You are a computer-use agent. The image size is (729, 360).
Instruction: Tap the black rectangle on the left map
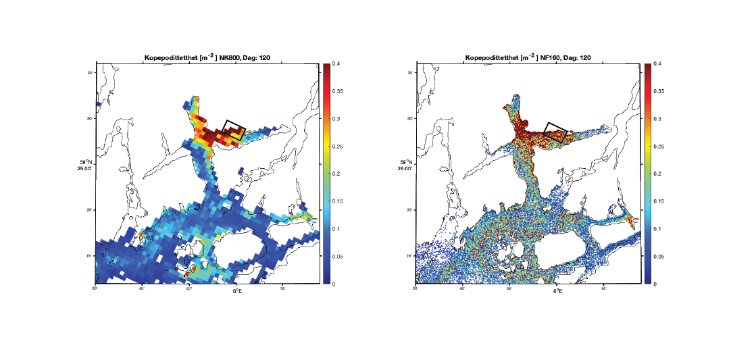[x=234, y=130]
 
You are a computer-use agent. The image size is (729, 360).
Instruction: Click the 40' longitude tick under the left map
[x=143, y=289]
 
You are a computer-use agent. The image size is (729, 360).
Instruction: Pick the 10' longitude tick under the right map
[x=604, y=289]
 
